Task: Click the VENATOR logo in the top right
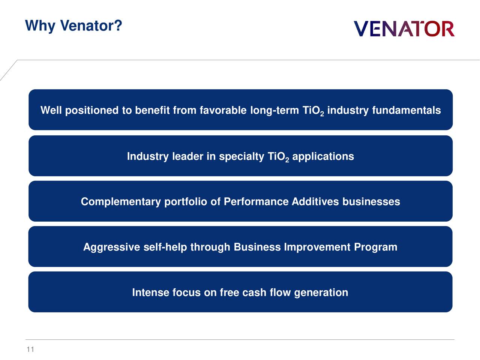click(x=404, y=29)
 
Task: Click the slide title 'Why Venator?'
click(x=73, y=26)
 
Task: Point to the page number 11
click(x=30, y=349)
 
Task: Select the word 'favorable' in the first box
click(x=223, y=111)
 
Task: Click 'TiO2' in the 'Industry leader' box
click(x=278, y=157)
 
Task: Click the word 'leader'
click(x=187, y=156)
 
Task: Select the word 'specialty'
click(x=241, y=157)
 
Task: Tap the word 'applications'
click(x=323, y=157)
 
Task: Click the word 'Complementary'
click(x=121, y=202)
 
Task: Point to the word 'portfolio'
click(x=186, y=202)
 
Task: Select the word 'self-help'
click(x=165, y=247)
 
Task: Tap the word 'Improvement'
click(x=317, y=247)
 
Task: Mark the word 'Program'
click(x=375, y=247)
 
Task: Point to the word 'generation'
click(x=321, y=293)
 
